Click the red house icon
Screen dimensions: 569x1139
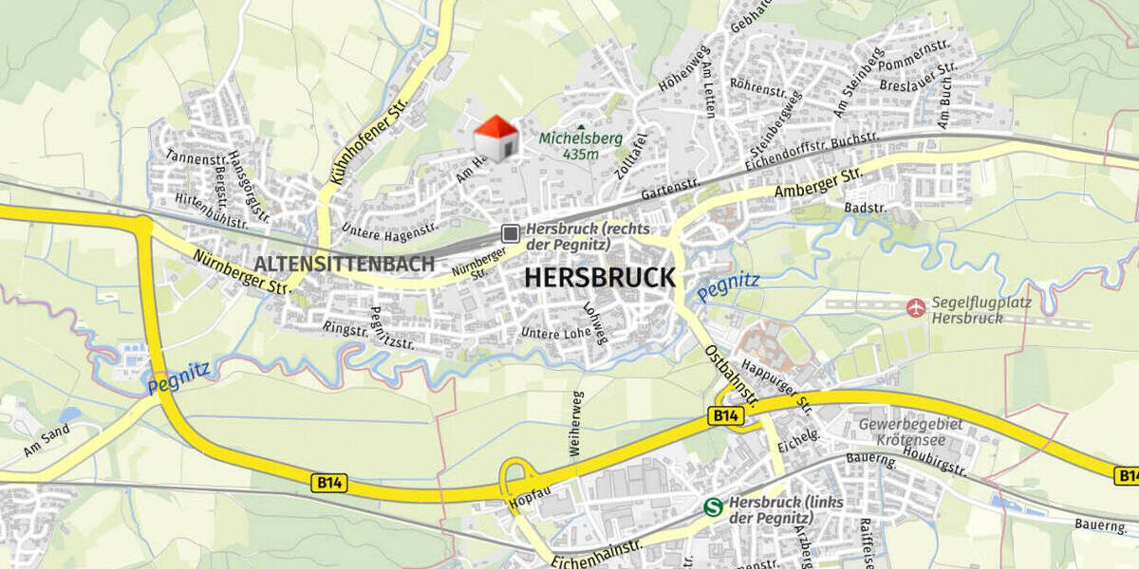(495, 138)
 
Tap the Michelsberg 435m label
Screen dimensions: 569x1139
(581, 145)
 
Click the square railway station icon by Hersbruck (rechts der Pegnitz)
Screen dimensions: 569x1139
(511, 233)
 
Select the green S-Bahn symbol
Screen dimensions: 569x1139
(713, 507)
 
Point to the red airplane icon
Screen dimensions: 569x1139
(915, 307)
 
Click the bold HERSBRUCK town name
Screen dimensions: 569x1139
(600, 278)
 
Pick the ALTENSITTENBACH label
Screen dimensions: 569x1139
(344, 264)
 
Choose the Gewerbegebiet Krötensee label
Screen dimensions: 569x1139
(909, 432)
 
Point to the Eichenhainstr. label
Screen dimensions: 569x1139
(597, 551)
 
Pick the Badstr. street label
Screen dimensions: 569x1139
(863, 207)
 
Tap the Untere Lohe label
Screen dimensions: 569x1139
(555, 332)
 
